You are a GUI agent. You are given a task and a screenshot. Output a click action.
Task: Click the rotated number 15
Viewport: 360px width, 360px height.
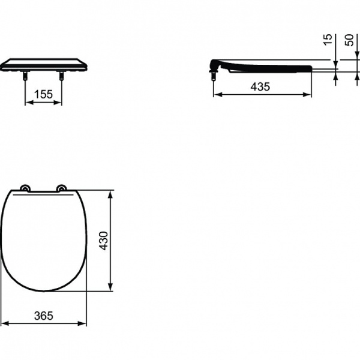click(x=327, y=40)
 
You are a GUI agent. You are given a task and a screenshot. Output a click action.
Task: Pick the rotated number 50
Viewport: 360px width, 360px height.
click(x=349, y=40)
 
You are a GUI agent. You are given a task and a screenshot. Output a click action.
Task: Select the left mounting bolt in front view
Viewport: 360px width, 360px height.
click(x=25, y=76)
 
